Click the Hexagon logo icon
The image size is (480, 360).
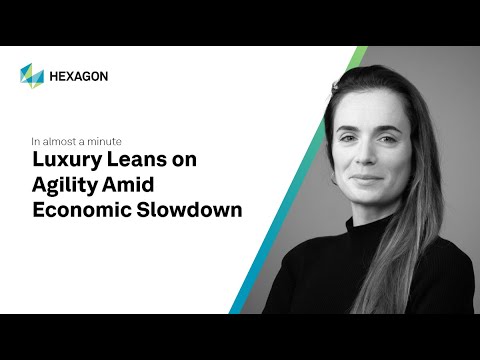pyautogui.click(x=32, y=75)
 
